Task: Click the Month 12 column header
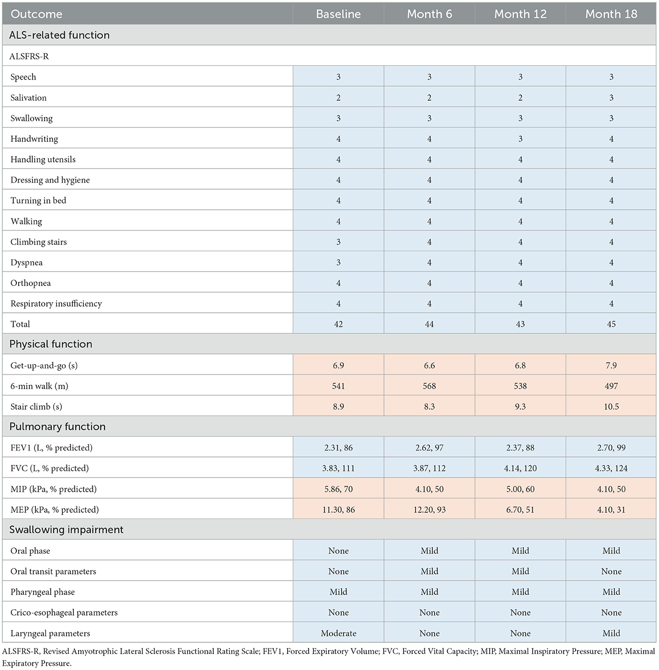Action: coord(520,14)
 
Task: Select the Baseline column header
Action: coord(338,14)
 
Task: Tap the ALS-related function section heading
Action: coord(59,35)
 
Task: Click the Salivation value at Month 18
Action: coord(612,97)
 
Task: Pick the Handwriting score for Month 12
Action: coord(520,139)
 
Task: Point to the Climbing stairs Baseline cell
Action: coord(338,242)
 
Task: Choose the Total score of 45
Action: coord(612,324)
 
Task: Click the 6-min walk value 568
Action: coord(429,386)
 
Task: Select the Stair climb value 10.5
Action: coord(612,406)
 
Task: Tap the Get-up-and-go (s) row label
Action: coord(44,365)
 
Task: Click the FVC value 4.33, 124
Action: coord(612,468)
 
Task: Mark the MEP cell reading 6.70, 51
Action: coord(520,509)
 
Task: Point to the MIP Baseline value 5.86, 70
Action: coord(338,489)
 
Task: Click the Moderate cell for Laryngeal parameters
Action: coord(338,633)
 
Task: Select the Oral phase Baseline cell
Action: coord(338,551)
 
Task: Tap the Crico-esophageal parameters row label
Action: coord(64,612)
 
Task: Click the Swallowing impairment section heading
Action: coord(67,530)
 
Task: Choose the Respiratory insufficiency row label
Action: coord(56,303)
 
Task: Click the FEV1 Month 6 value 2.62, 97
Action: coord(429,448)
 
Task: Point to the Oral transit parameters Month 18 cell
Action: coord(612,571)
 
